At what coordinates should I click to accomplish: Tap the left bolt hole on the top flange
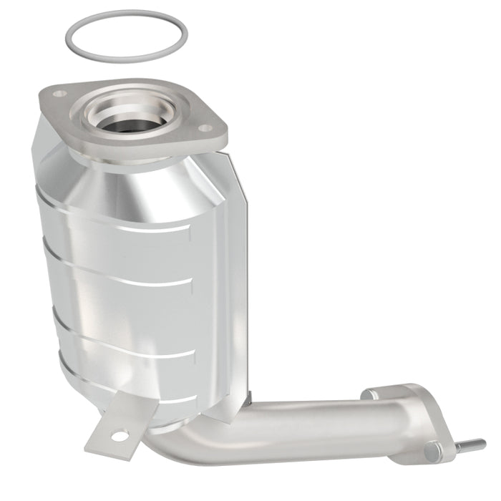tap(60, 94)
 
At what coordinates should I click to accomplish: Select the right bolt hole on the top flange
tap(205, 129)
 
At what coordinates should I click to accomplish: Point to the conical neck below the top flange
tap(143, 186)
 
